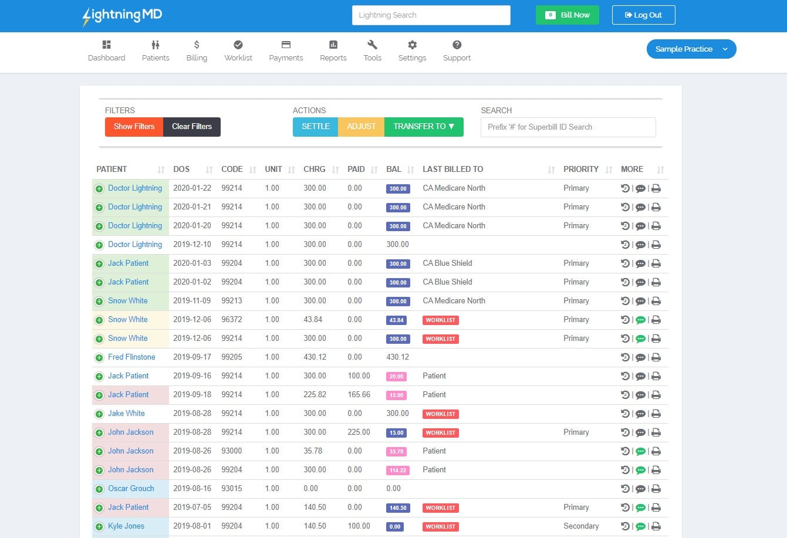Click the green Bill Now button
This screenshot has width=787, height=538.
coord(567,15)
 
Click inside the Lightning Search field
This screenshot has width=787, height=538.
coord(431,15)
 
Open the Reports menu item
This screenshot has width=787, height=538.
coord(333,50)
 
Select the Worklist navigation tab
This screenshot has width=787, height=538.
coord(238,50)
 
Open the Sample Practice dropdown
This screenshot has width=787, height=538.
coord(691,49)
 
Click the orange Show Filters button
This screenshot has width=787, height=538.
coord(134,127)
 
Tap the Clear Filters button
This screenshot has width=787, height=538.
coord(192,127)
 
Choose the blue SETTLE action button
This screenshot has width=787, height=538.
coord(315,127)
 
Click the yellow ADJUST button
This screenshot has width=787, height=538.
coord(361,127)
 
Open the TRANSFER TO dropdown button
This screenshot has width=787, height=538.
coord(424,127)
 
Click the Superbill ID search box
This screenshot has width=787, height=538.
coord(568,127)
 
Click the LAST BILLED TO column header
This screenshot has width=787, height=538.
coord(452,169)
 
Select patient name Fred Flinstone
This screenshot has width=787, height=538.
coord(131,357)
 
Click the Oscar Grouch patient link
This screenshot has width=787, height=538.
coord(131,489)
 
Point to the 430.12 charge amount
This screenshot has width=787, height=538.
coord(315,357)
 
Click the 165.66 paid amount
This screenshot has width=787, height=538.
coord(359,395)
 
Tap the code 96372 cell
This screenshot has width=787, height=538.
coord(232,320)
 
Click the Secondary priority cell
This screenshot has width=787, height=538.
coord(581,526)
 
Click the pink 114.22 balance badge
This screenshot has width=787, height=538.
coord(397,471)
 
